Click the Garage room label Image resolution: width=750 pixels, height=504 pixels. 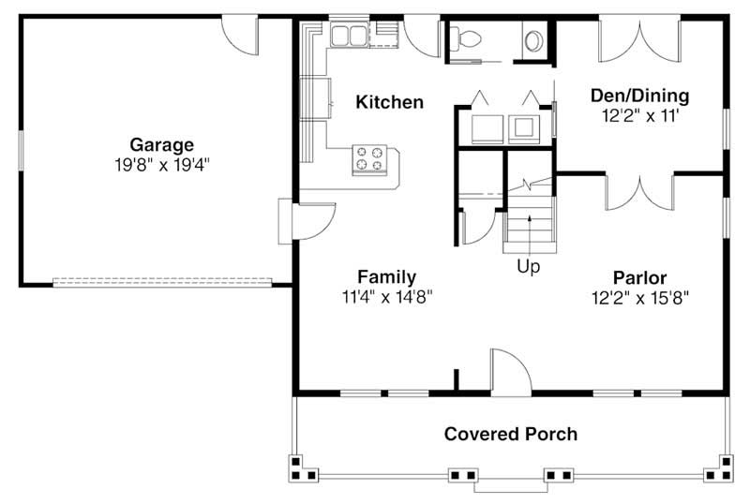coord(161,144)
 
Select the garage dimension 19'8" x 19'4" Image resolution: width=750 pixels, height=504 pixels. coord(161,164)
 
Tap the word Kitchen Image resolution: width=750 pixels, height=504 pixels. coord(389,101)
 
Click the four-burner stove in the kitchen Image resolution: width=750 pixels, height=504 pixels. coord(369,158)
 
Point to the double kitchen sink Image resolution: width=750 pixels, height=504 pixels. coord(349,37)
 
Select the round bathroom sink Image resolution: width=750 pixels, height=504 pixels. coord(533,40)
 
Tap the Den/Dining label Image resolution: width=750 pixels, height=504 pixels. coord(639,96)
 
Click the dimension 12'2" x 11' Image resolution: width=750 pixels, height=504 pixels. coord(639,115)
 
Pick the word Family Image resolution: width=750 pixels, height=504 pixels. coord(386,276)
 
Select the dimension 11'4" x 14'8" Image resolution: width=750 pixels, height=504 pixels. coord(386,297)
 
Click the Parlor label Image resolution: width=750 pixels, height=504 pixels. coord(639,277)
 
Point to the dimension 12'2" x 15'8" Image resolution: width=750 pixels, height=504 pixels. coord(639,298)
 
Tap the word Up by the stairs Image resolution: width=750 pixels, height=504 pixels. coord(529,267)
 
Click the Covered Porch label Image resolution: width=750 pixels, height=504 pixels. coord(510,434)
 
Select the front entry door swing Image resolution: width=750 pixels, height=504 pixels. coord(509,371)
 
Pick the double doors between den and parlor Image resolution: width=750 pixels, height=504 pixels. coord(639,190)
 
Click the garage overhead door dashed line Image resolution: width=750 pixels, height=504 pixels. coord(161,280)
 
